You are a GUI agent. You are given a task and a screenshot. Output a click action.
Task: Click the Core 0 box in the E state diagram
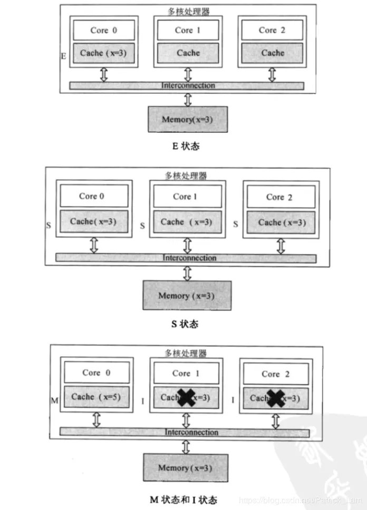[x=100, y=31]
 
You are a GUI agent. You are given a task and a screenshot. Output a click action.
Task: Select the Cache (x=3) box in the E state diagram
[x=100, y=53]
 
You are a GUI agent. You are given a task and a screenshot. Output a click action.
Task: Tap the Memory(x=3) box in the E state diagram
[x=188, y=119]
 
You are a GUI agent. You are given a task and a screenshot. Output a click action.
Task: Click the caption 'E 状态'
[x=186, y=146]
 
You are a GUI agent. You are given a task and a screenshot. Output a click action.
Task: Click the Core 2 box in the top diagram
[x=272, y=31]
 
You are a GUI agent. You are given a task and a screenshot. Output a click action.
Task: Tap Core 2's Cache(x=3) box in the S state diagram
[x=282, y=223]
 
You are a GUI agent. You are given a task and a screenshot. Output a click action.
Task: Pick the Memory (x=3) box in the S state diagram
[x=187, y=295]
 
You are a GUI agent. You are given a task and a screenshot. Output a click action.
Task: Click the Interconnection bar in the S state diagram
[x=186, y=258]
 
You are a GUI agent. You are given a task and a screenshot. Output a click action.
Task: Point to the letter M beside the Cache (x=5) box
[x=54, y=401]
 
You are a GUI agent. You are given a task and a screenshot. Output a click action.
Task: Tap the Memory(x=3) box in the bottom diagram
[x=186, y=468]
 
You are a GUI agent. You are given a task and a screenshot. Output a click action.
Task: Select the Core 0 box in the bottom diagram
[x=96, y=373]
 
